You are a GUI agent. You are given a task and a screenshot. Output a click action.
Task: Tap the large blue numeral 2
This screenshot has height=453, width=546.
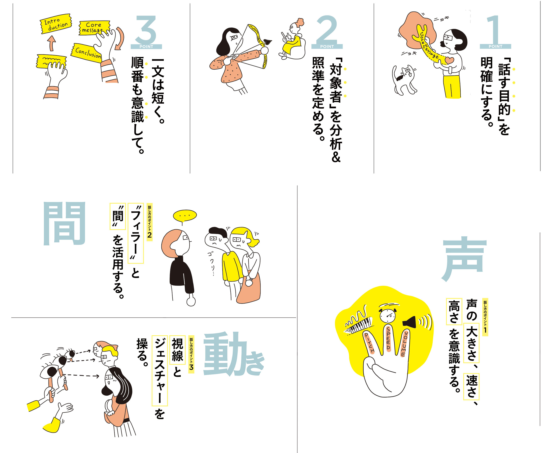pos(327,30)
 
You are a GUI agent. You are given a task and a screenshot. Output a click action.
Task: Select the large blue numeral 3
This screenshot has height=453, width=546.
pos(146,30)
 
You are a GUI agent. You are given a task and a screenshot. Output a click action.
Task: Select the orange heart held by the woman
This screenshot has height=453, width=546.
pos(449,60)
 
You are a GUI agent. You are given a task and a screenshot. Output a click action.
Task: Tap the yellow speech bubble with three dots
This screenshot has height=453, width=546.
pos(185,215)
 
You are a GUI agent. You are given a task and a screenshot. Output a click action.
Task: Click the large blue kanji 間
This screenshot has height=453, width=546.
pos(64,223)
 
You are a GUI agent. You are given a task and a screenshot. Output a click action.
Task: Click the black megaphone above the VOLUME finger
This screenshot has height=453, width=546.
pos(409,322)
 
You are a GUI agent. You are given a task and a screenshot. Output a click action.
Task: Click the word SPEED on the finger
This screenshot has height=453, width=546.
pos(388,338)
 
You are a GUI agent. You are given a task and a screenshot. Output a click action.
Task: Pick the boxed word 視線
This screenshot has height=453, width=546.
pos(177,350)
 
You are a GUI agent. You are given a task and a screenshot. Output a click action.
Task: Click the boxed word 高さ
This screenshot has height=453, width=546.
pos(454,312)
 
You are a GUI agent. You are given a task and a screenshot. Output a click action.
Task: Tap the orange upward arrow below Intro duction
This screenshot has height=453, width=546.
pos(52,43)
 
